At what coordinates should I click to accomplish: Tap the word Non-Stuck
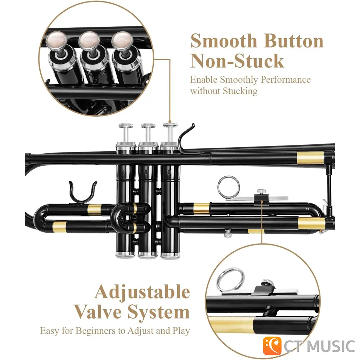(x=237, y=61)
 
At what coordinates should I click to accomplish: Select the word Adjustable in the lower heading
(x=142, y=292)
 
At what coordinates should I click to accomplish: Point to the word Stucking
(x=240, y=91)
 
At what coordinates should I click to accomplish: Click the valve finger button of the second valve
(x=148, y=126)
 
